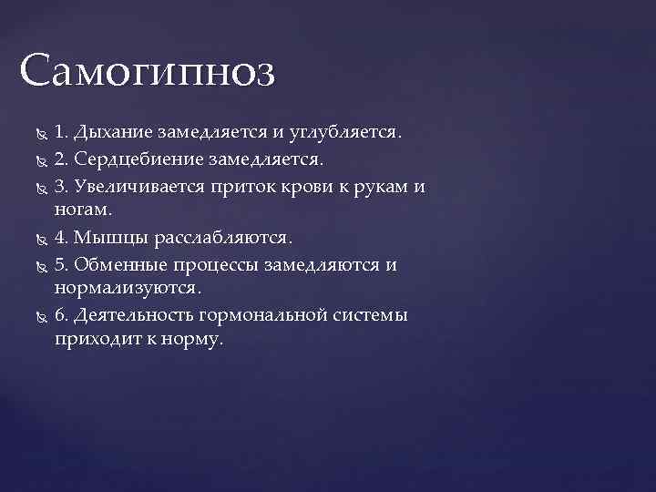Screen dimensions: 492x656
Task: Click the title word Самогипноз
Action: (x=147, y=71)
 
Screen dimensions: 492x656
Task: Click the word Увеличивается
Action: (x=143, y=186)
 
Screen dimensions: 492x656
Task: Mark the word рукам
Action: (x=380, y=186)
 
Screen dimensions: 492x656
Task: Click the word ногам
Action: (x=83, y=210)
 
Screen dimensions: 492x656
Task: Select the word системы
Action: (x=373, y=316)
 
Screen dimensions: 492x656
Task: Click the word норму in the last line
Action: (x=191, y=341)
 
